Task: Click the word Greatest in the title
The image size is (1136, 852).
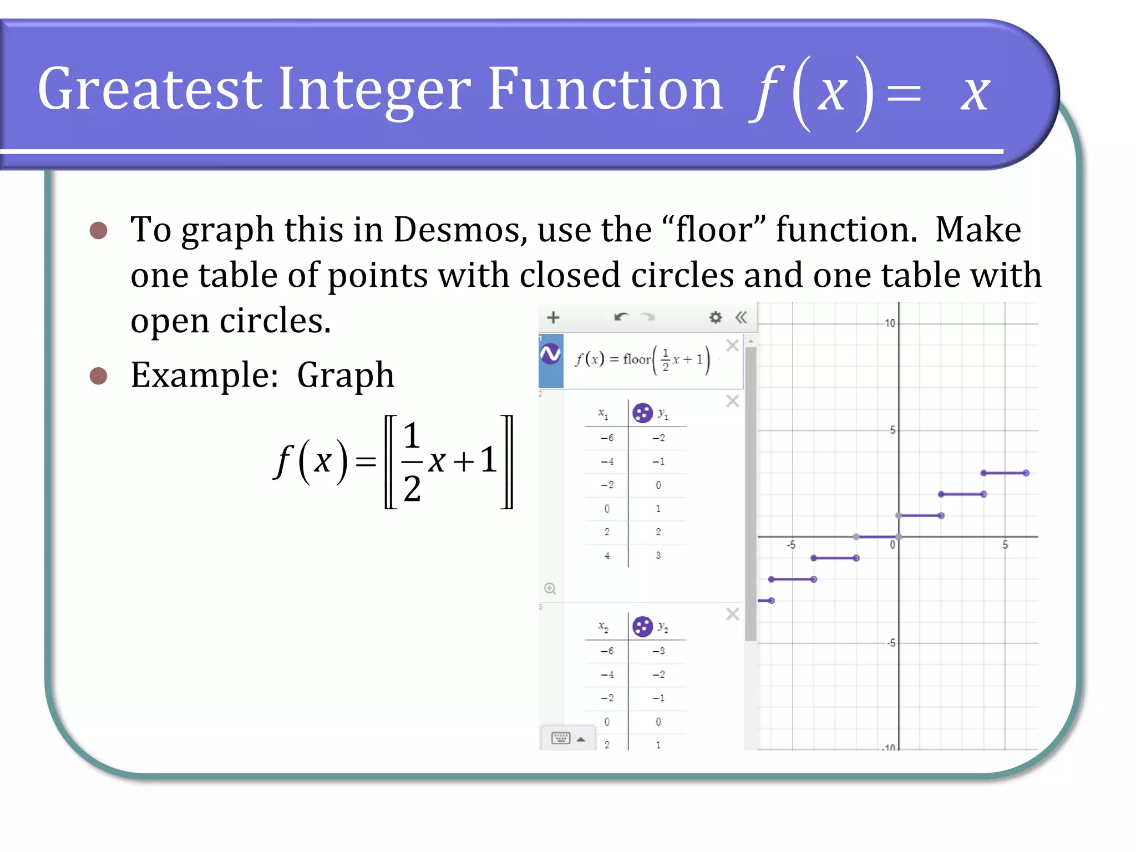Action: [x=150, y=89]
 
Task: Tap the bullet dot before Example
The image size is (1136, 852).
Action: [x=98, y=376]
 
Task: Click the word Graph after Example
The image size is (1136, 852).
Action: [x=345, y=376]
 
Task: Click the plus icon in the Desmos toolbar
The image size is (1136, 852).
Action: [x=553, y=317]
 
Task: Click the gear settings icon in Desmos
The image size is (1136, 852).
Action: [x=716, y=317]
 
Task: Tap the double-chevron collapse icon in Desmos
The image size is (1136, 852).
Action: [x=741, y=317]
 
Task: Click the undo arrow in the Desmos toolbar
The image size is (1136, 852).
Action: [x=621, y=317]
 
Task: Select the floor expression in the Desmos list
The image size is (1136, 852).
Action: [x=642, y=360]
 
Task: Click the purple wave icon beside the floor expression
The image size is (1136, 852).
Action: [x=550, y=354]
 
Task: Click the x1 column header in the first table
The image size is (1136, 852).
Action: [x=603, y=413]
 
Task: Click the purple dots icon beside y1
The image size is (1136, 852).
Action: [x=642, y=413]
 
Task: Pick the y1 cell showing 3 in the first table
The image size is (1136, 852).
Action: [x=658, y=555]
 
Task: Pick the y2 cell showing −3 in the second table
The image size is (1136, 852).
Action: [x=658, y=651]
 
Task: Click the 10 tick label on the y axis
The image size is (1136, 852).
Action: [x=890, y=323]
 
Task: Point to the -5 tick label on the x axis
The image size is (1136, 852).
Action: [x=792, y=545]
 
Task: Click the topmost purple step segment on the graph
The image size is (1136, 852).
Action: [x=1005, y=473]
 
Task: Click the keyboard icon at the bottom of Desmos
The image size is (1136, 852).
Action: [x=561, y=738]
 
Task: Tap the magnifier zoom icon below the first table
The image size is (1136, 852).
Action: [x=550, y=589]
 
